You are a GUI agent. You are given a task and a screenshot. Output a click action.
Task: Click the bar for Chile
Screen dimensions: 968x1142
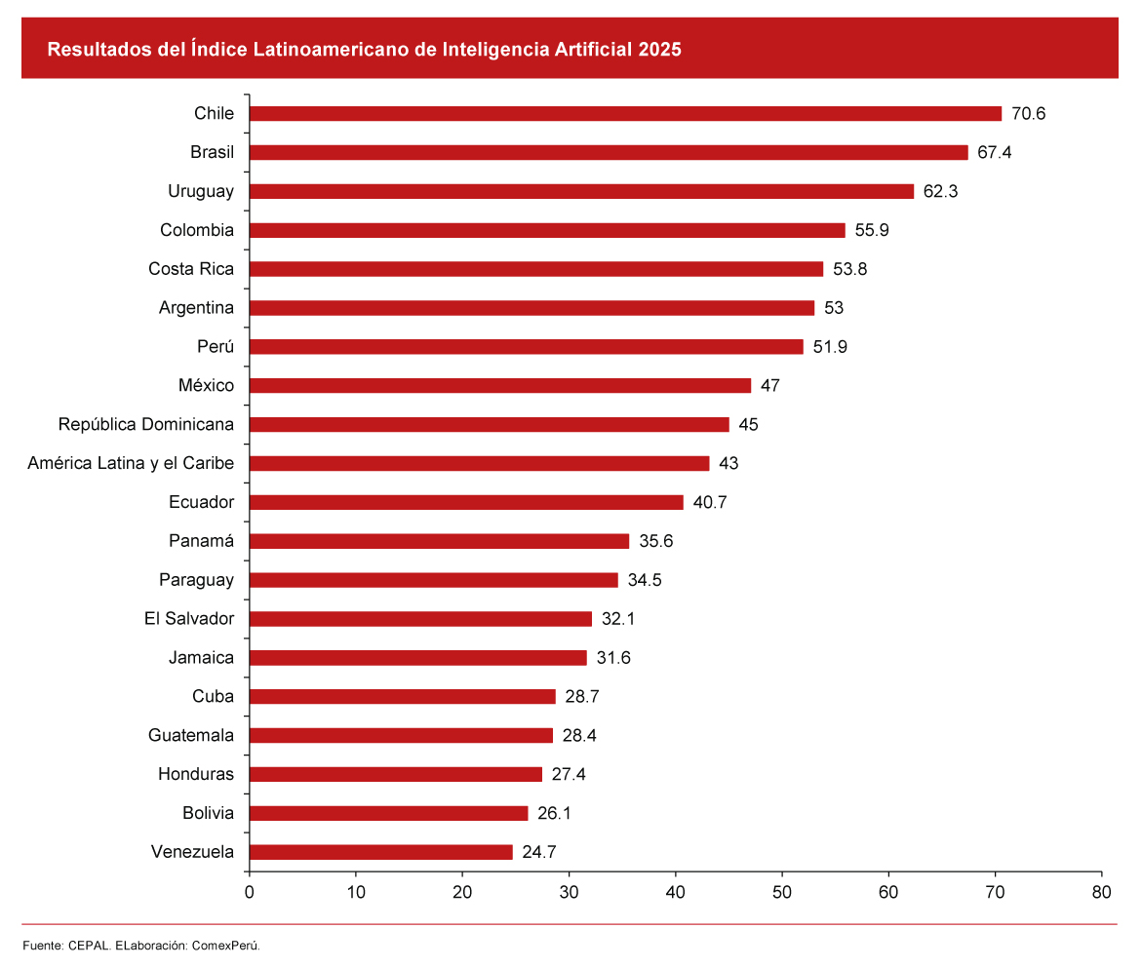click(625, 114)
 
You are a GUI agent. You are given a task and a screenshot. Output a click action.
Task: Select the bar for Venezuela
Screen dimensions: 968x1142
click(381, 852)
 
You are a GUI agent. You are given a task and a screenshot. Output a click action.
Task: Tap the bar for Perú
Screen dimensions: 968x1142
click(527, 347)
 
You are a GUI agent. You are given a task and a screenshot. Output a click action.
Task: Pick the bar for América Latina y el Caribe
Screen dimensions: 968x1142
click(480, 464)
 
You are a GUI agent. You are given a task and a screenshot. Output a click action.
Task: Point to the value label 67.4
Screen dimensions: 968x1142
click(995, 153)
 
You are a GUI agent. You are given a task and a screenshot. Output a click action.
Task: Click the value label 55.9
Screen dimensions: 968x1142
click(872, 231)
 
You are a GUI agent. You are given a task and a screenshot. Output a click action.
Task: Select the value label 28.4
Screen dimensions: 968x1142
click(579, 736)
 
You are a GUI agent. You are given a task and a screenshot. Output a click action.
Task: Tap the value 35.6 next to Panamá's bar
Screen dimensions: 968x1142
click(655, 541)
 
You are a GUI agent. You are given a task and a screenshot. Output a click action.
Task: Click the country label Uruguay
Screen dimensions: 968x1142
click(201, 192)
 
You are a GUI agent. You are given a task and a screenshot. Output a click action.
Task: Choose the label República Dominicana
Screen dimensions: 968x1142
click(146, 425)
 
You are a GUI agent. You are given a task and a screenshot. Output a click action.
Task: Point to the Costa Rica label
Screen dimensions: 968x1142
click(191, 270)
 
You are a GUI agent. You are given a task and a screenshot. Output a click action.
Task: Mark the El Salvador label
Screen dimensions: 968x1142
click(189, 619)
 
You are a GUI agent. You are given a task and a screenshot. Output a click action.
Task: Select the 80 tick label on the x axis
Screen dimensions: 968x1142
click(1101, 891)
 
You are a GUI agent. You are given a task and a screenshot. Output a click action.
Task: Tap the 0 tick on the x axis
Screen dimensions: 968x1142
click(250, 891)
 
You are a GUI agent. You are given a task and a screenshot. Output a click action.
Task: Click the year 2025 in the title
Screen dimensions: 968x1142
click(660, 50)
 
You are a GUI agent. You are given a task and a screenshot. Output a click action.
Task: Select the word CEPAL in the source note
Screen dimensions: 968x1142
click(88, 946)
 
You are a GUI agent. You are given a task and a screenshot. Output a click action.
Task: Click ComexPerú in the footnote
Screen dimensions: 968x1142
click(226, 946)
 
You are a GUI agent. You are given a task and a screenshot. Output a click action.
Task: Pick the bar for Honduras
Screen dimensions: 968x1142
click(396, 775)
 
